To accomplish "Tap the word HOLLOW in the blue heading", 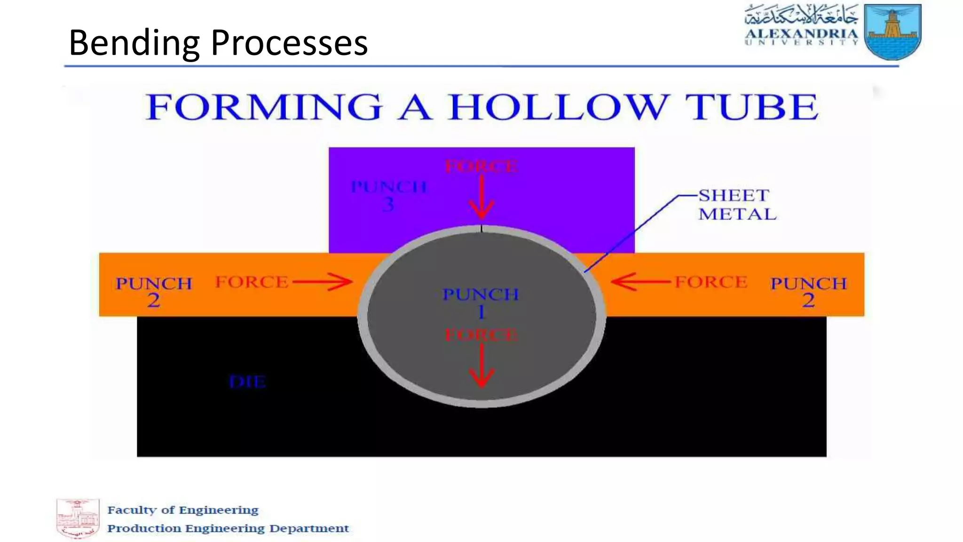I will [557, 107].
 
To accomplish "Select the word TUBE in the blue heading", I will [751, 107].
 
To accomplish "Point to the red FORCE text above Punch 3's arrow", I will [481, 167].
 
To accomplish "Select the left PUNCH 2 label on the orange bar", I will [154, 291].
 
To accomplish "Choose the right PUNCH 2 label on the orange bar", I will [808, 291].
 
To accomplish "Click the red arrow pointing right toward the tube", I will [323, 282].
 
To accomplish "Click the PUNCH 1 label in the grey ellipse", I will [481, 303].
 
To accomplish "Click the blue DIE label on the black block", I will [247, 382].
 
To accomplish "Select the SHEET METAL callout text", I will [737, 205].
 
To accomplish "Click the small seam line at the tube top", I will [481, 229].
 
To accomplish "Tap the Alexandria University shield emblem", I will [893, 32].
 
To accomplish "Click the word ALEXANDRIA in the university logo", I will [801, 34].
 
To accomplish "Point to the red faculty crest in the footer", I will [78, 518].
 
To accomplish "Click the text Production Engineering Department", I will [228, 528].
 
